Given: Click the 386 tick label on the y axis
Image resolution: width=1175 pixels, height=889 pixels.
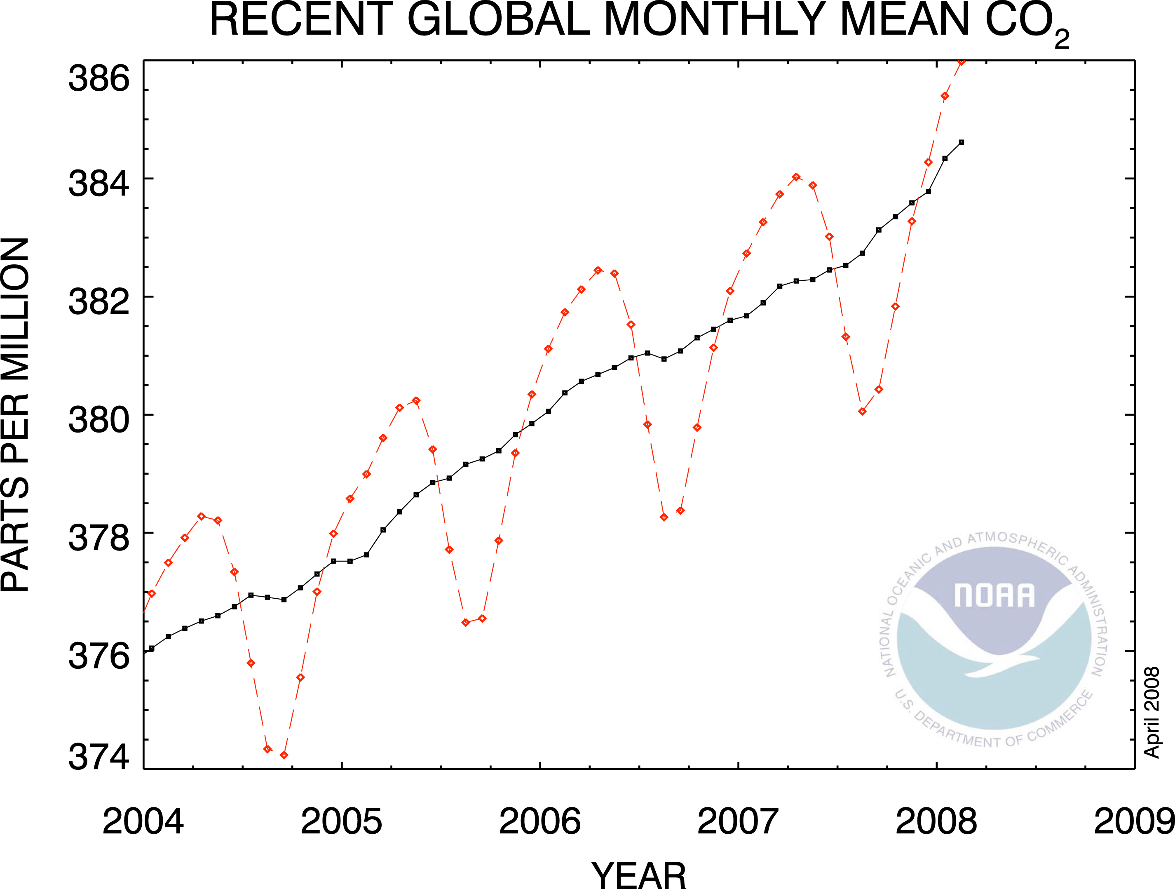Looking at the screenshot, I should point(99,79).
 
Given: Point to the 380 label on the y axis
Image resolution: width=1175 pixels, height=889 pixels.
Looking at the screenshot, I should point(99,420).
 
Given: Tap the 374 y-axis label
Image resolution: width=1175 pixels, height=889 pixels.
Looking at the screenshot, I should point(99,757).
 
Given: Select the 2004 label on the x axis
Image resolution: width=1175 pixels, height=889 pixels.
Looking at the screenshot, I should point(143,821).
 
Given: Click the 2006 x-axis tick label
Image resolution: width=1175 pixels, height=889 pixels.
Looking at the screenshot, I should point(540,821).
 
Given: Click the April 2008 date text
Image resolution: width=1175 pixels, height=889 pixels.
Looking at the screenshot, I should point(1152,712).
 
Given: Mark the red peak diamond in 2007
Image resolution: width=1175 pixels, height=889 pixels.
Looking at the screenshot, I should point(796,177).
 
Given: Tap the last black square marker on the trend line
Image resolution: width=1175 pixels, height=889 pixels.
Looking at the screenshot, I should point(961,142).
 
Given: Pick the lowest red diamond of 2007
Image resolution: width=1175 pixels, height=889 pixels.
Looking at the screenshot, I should point(862,411).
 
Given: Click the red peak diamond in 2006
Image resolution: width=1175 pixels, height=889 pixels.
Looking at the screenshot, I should point(598,270).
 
